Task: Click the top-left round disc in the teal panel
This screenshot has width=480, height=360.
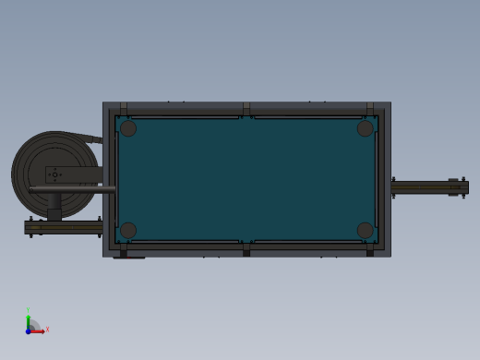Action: pyautogui.click(x=128, y=128)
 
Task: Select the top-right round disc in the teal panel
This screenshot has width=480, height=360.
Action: pyautogui.click(x=366, y=128)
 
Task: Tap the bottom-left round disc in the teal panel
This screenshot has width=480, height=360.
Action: pyautogui.click(x=128, y=230)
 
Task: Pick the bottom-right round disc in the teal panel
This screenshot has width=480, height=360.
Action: pyautogui.click(x=366, y=230)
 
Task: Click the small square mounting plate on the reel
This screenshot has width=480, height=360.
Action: pyautogui.click(x=56, y=174)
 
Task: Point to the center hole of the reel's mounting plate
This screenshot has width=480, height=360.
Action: pyautogui.click(x=55, y=174)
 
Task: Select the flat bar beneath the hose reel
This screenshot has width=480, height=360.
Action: pyautogui.click(x=63, y=227)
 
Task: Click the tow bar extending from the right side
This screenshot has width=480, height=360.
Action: pyautogui.click(x=425, y=187)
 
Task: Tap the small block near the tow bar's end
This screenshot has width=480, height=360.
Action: pyautogui.click(x=453, y=187)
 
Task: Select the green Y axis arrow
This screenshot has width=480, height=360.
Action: pyautogui.click(x=29, y=319)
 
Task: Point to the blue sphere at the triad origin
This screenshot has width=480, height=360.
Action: pyautogui.click(x=29, y=330)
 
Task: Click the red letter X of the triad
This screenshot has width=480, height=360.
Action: pyautogui.click(x=47, y=329)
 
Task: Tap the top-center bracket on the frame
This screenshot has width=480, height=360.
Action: pyautogui.click(x=246, y=109)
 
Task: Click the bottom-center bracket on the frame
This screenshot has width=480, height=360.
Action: pyautogui.click(x=246, y=249)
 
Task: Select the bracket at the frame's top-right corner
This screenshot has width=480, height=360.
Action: pyautogui.click(x=370, y=109)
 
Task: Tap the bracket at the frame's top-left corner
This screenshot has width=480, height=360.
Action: pyautogui.click(x=124, y=109)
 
